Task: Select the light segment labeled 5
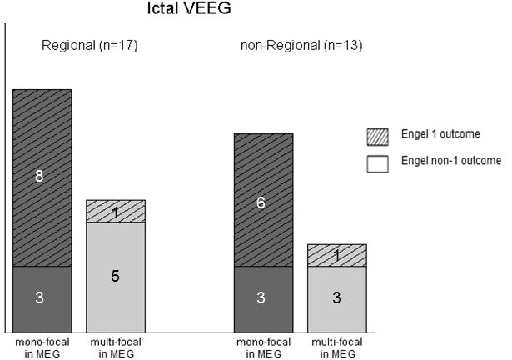tap(116, 275)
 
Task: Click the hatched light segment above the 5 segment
tap(116, 211)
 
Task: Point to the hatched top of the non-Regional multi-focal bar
tap(337, 255)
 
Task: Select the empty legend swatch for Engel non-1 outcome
tap(378, 162)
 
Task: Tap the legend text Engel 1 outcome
tap(440, 134)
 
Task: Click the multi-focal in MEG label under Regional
tap(115, 346)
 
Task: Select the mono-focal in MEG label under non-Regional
tap(263, 346)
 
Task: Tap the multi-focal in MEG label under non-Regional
tap(337, 346)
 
